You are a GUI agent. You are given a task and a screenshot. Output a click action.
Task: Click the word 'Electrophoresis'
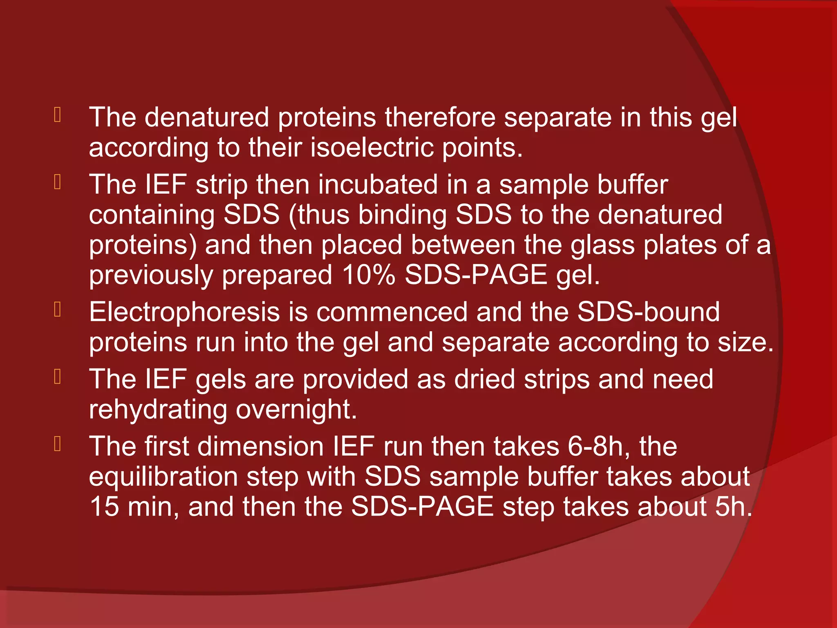pos(184,312)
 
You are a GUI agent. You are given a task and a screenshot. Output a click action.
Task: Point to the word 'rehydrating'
pos(158,410)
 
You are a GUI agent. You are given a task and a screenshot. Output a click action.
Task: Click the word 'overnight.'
pos(296,410)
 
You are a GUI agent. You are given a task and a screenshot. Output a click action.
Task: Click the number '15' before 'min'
pos(104,507)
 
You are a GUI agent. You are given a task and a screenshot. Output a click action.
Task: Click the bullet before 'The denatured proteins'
pos(58,115)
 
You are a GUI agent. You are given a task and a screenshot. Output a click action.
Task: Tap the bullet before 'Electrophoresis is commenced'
pos(58,310)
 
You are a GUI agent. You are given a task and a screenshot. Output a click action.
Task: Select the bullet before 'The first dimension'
pos(58,444)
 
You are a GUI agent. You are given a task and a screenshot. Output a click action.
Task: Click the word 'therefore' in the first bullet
pos(440,118)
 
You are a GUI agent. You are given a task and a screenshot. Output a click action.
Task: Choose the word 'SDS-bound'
pos(648,312)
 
